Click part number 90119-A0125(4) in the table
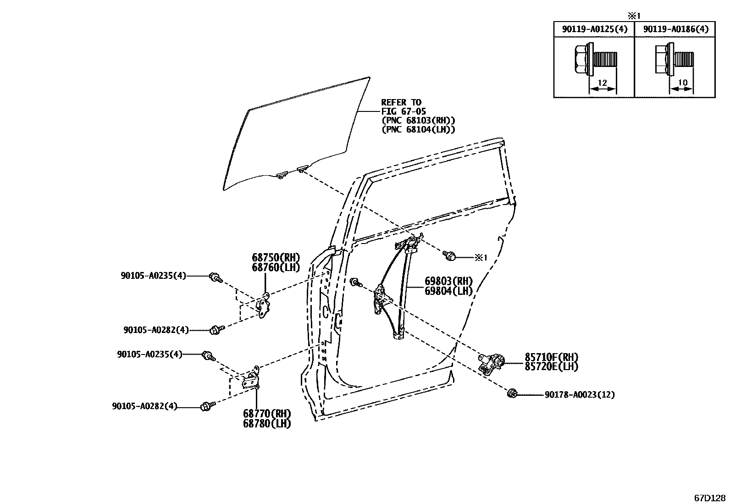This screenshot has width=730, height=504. tap(595, 29)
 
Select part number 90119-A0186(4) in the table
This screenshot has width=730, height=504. tap(675, 29)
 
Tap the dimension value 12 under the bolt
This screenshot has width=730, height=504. tap(602, 83)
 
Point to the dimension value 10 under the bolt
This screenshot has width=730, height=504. tap(683, 83)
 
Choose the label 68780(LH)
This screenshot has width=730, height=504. tap(267, 424)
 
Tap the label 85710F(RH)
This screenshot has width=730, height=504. tap(552, 357)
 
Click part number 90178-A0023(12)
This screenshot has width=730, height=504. tap(580, 395)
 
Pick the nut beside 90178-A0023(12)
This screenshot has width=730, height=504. tap(513, 393)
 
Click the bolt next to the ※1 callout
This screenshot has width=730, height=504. tap(449, 255)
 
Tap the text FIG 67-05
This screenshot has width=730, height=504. tap(404, 111)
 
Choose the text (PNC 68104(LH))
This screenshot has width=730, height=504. tap(418, 130)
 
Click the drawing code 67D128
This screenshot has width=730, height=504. tap(710, 498)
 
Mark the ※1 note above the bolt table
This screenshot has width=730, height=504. tap(634, 15)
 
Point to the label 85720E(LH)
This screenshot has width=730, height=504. tap(552, 366)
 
